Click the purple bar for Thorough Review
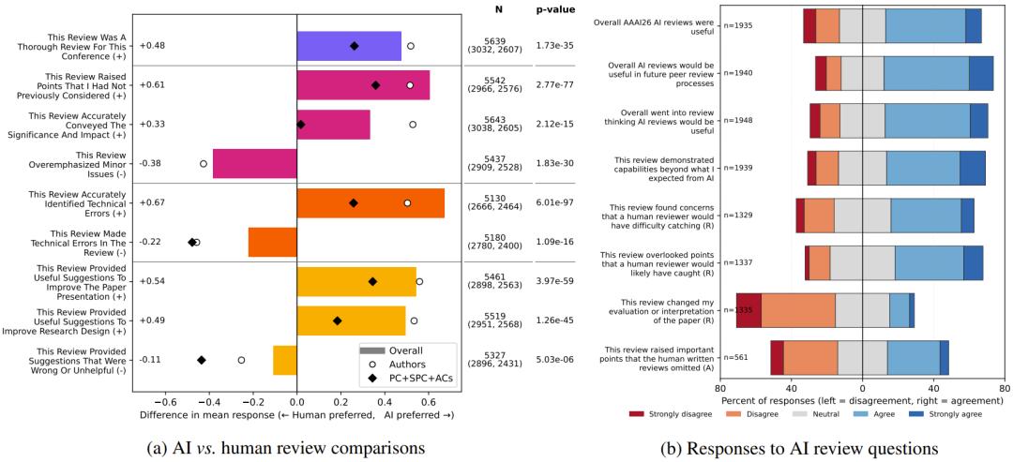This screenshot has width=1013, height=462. (x=349, y=46)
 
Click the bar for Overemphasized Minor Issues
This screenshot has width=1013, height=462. (x=254, y=163)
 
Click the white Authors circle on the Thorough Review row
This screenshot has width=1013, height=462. (x=410, y=45)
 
